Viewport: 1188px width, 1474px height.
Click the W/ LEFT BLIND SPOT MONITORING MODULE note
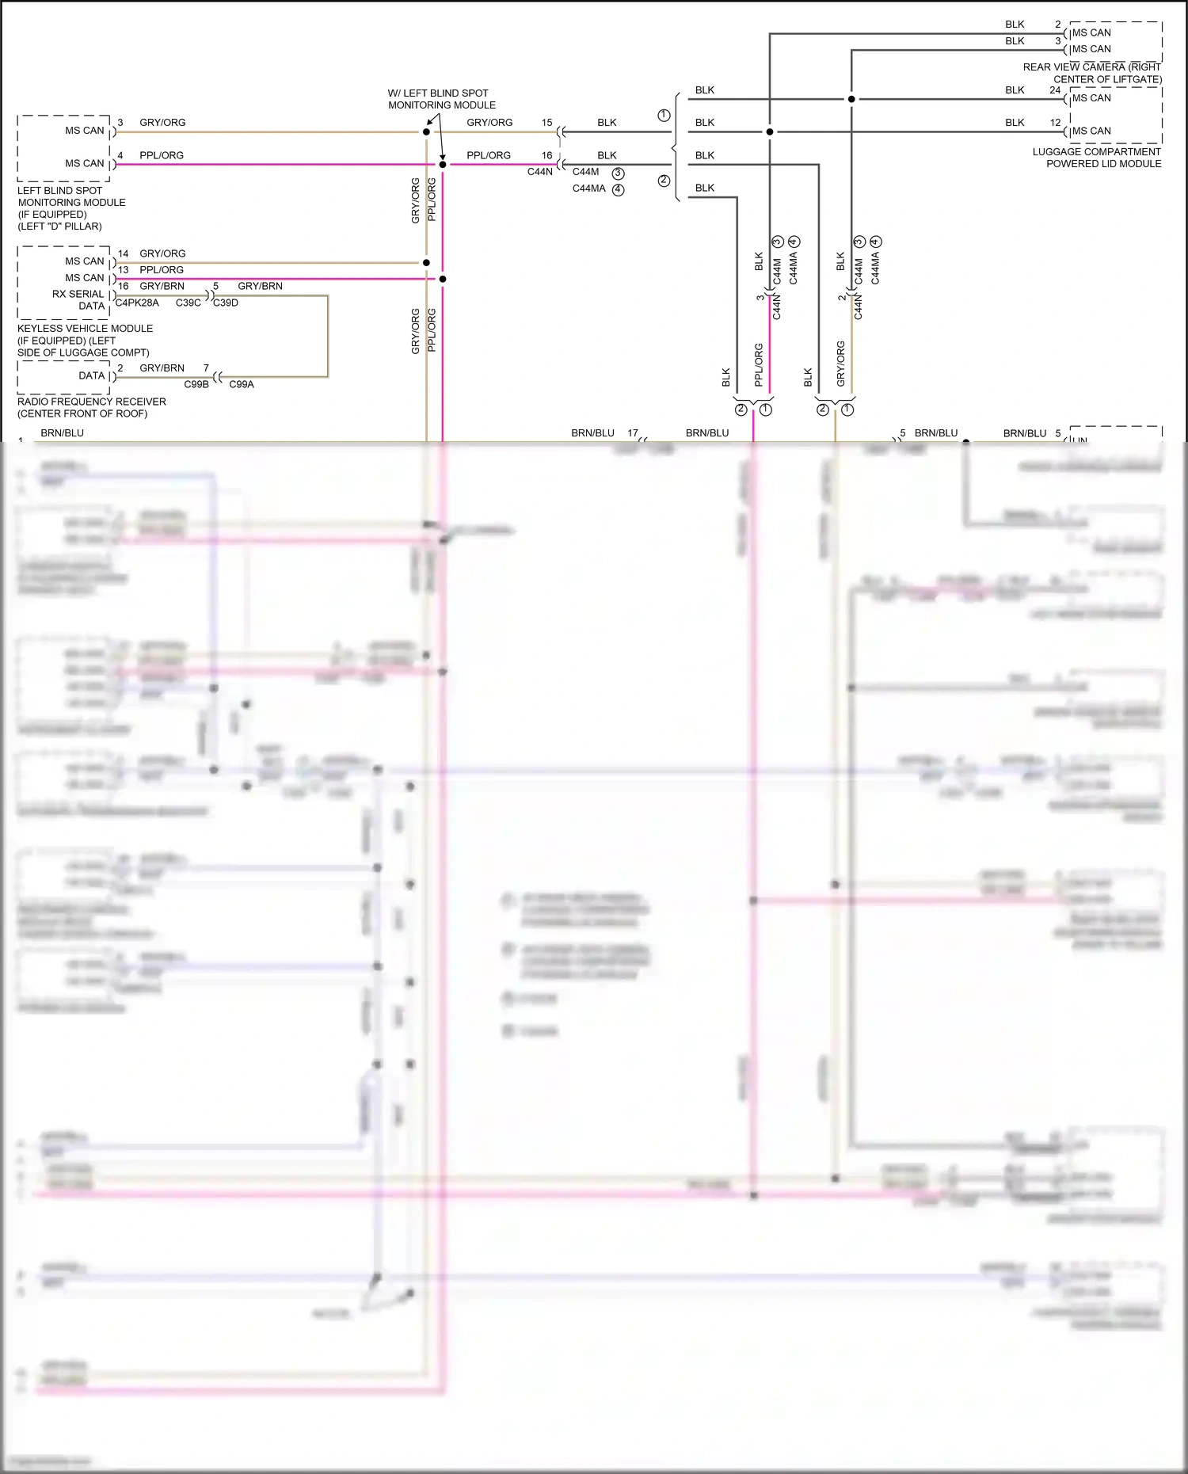pos(441,99)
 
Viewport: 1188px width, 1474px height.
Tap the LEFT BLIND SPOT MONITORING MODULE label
pos(71,208)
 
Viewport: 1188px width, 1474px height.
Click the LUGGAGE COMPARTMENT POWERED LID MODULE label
pos(1098,158)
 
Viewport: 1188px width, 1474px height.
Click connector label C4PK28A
pos(137,303)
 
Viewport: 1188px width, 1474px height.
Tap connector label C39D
pos(226,303)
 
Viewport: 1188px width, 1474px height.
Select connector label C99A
pos(242,384)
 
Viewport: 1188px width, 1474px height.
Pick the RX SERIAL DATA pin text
pos(78,299)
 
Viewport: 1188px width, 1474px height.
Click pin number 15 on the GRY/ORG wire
pos(546,122)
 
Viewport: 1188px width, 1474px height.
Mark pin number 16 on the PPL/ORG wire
pos(546,155)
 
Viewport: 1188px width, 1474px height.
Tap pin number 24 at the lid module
pos(1055,90)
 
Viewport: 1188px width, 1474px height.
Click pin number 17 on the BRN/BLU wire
pos(633,432)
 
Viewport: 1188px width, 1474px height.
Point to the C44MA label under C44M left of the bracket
pos(588,189)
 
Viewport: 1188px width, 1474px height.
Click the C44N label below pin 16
pos(540,172)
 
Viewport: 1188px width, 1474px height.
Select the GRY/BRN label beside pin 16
pos(162,286)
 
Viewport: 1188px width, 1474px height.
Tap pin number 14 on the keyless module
pos(124,253)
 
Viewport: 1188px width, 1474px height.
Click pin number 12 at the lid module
pos(1055,122)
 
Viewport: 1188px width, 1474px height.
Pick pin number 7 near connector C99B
pos(206,368)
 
